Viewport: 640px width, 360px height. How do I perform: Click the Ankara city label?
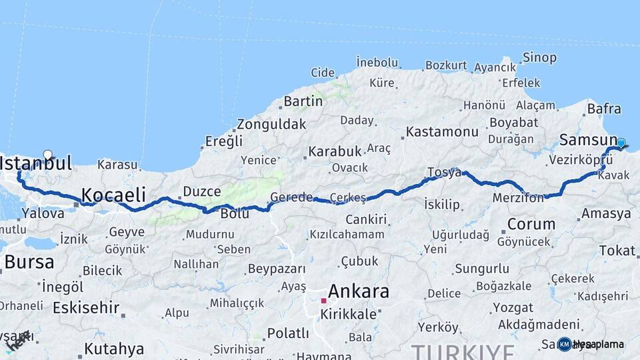tap(359, 291)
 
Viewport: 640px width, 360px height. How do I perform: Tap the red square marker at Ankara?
tap(323, 301)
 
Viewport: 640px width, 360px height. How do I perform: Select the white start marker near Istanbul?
tap(47, 155)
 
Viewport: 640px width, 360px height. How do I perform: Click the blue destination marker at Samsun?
tap(621, 143)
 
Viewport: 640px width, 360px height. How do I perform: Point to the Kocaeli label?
tap(113, 195)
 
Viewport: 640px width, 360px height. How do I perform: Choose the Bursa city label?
tap(29, 262)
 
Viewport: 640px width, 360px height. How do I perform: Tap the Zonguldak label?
tap(271, 124)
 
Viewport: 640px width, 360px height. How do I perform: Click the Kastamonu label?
tap(442, 131)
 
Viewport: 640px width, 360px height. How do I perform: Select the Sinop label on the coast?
tap(539, 57)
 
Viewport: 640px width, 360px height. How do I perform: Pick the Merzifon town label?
tap(519, 198)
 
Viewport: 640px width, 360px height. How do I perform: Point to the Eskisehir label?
tap(86, 308)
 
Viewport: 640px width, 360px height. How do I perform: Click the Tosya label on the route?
tap(444, 173)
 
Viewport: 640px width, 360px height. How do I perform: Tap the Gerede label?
tap(291, 197)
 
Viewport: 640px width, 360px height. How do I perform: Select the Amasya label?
tap(605, 213)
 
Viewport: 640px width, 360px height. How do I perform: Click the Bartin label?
tap(303, 101)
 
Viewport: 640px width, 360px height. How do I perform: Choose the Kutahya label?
tap(114, 349)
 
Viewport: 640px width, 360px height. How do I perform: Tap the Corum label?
tap(531, 224)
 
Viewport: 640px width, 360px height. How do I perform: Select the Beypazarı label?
tap(276, 269)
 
